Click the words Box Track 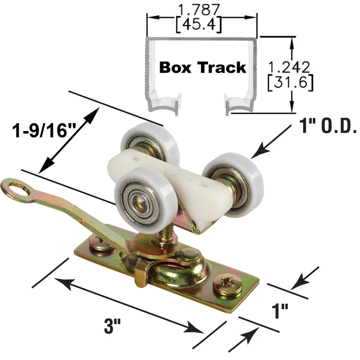[203, 67]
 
